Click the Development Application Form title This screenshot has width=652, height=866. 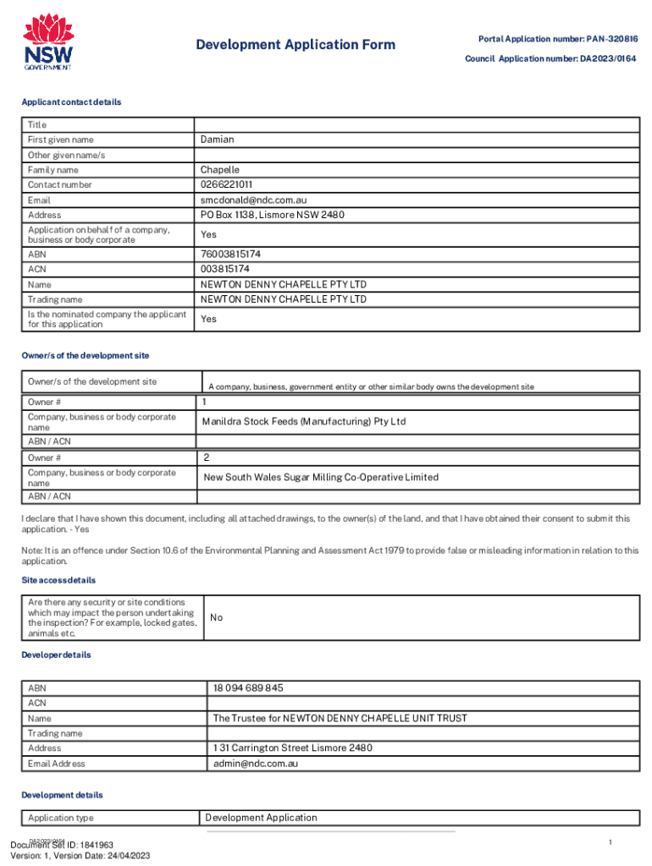[296, 45]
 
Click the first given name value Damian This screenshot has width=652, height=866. [218, 139]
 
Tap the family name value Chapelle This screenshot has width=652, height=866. [220, 170]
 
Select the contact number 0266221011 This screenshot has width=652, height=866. [227, 184]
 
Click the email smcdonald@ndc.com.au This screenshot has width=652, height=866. [253, 200]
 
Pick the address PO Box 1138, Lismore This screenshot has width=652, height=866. [273, 215]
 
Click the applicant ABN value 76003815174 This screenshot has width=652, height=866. [230, 254]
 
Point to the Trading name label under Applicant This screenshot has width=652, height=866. [55, 299]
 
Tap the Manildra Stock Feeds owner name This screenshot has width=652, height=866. [303, 421]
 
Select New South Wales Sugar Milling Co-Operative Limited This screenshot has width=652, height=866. [321, 477]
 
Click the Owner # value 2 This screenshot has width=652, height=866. [206, 458]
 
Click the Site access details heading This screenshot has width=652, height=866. [58, 580]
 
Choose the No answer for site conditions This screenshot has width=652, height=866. [216, 617]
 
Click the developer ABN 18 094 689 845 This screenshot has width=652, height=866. [248, 688]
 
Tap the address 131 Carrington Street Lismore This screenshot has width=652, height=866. [293, 748]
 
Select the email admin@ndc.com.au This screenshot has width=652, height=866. [256, 763]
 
